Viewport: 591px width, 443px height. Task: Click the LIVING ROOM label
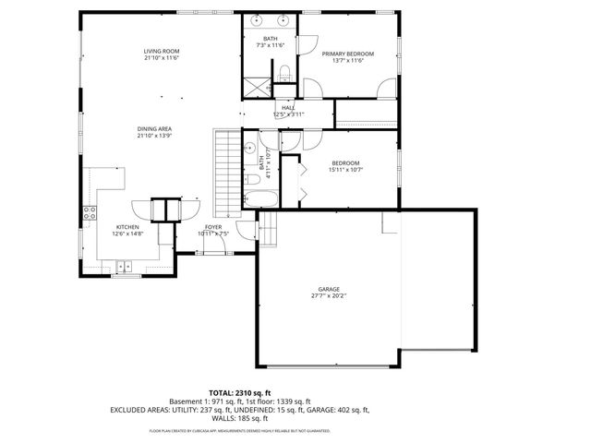(160, 51)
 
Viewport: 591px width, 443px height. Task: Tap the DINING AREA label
(154, 128)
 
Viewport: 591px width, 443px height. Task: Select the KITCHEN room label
(127, 227)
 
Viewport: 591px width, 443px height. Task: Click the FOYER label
(212, 227)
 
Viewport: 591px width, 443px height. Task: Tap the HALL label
(288, 108)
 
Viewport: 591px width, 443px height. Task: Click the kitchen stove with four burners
(90, 214)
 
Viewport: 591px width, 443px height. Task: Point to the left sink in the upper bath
(258, 19)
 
